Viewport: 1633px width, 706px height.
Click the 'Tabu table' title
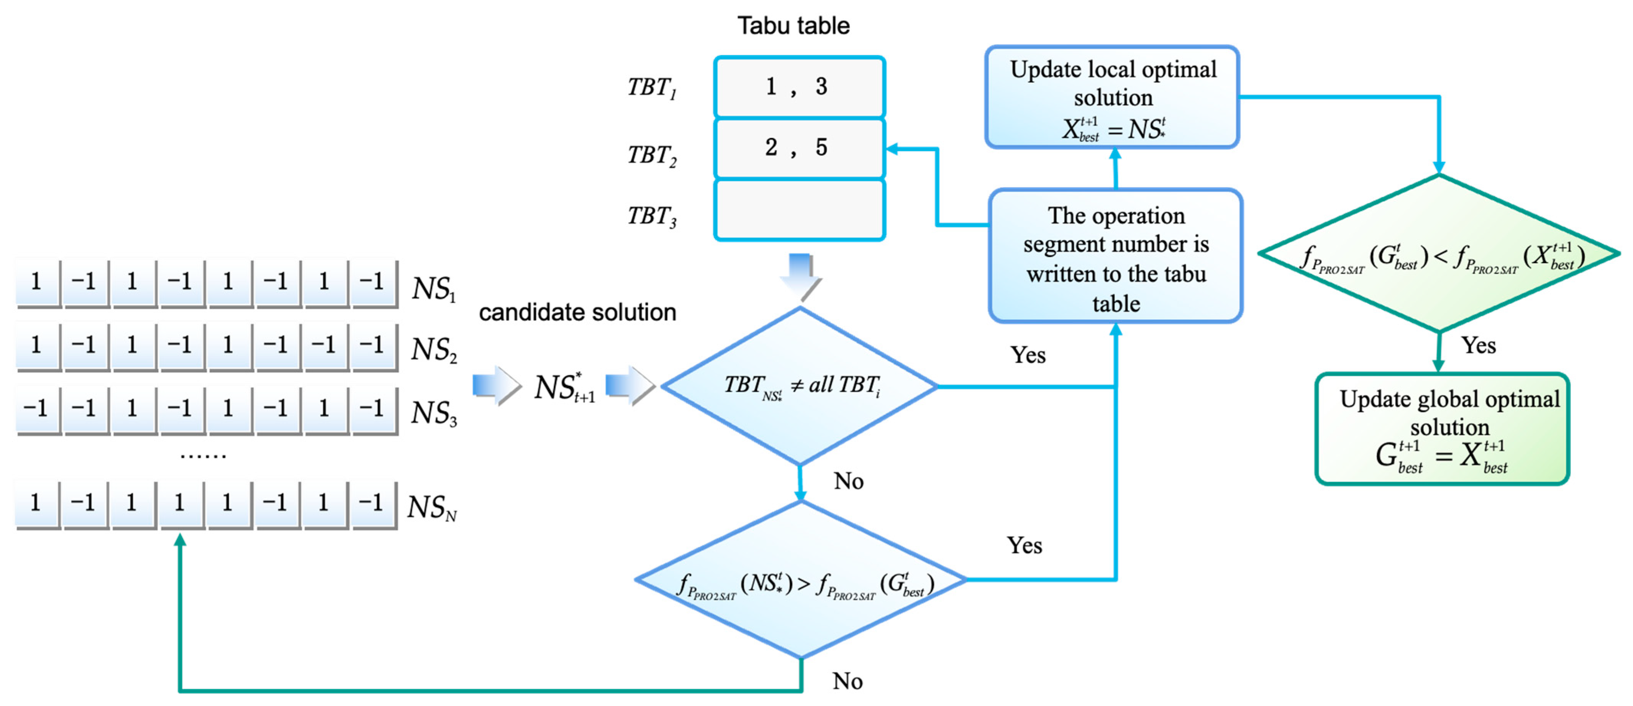click(x=793, y=25)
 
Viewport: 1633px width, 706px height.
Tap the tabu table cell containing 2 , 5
click(x=799, y=148)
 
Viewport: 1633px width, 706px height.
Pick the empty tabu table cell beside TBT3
click(x=799, y=210)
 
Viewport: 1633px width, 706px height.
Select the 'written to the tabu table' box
click(x=1116, y=256)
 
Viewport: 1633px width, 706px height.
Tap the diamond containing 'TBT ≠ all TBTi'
click(x=800, y=386)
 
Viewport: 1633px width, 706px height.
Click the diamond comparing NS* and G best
click(x=801, y=580)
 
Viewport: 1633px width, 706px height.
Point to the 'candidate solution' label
click(x=577, y=312)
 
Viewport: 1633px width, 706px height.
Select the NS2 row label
click(x=434, y=349)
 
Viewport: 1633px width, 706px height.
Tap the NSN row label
click(x=432, y=507)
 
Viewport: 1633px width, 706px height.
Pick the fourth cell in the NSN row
click(x=180, y=504)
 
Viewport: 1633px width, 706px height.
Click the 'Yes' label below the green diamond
click(x=1478, y=346)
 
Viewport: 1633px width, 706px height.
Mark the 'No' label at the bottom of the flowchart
click(x=848, y=681)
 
